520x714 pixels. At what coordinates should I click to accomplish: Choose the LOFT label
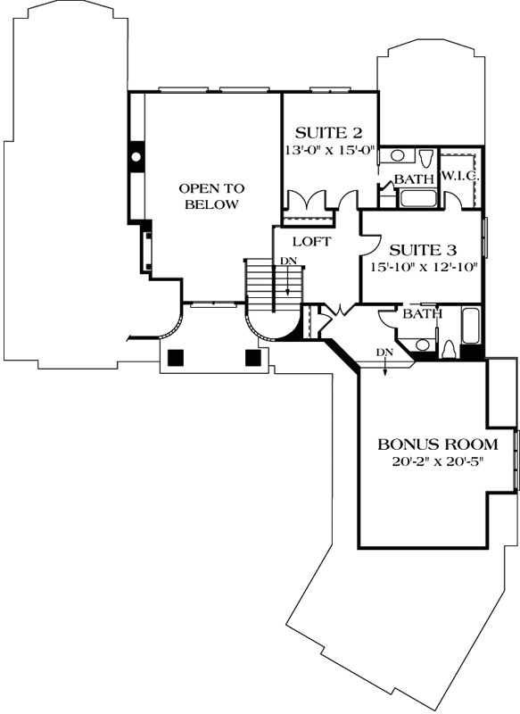pyautogui.click(x=312, y=242)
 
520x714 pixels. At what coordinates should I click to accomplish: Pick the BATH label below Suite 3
pyautogui.click(x=421, y=314)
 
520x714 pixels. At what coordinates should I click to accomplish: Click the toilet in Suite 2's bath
pyautogui.click(x=428, y=161)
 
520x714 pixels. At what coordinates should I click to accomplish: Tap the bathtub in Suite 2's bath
pyautogui.click(x=417, y=197)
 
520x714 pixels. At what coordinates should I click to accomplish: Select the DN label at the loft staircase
pyautogui.click(x=288, y=261)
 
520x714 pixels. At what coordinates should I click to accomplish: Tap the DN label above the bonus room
pyautogui.click(x=384, y=353)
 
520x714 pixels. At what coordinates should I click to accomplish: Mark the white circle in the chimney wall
pyautogui.click(x=136, y=157)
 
